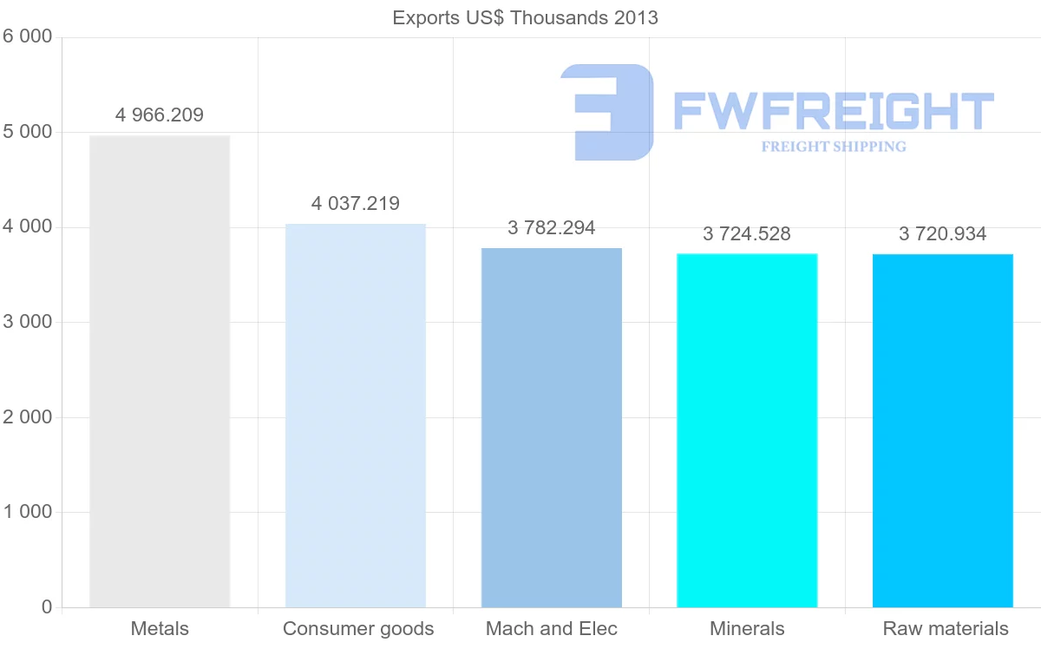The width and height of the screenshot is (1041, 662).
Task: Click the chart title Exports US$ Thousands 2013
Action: [x=525, y=17]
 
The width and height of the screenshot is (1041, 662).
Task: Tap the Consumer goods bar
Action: [x=356, y=416]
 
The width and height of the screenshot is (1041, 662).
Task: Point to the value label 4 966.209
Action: [x=160, y=115]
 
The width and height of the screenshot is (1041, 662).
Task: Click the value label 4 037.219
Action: [x=356, y=204]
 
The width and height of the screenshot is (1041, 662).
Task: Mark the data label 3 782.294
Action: [x=552, y=228]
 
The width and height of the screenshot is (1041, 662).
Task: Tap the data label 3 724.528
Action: [x=747, y=234]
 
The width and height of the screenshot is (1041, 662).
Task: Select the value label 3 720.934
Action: [x=943, y=234]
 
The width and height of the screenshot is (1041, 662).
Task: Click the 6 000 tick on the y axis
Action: [x=29, y=37]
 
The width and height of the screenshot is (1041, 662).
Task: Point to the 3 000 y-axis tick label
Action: [x=29, y=322]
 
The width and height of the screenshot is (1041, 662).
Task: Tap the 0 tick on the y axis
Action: [x=46, y=607]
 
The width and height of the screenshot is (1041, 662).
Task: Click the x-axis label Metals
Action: [x=160, y=629]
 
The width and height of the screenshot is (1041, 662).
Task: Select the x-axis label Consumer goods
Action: [x=358, y=629]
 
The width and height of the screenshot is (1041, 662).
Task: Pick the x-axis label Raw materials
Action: [x=946, y=629]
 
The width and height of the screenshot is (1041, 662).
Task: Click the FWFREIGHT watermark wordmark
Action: [x=833, y=111]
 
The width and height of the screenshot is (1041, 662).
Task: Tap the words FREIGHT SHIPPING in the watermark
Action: [x=834, y=147]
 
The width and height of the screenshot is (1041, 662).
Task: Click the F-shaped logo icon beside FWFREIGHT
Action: [x=607, y=112]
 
